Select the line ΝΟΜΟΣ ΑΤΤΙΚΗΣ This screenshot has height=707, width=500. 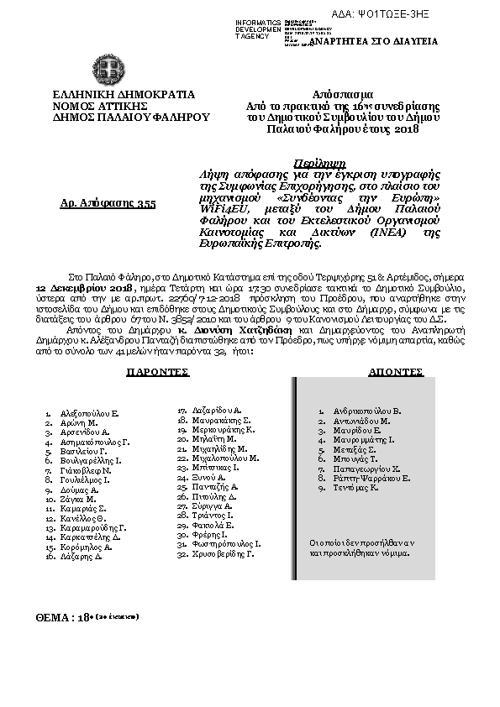100,107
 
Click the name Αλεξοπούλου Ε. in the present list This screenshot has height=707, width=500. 89,414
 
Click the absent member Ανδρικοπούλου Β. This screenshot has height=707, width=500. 367,411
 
